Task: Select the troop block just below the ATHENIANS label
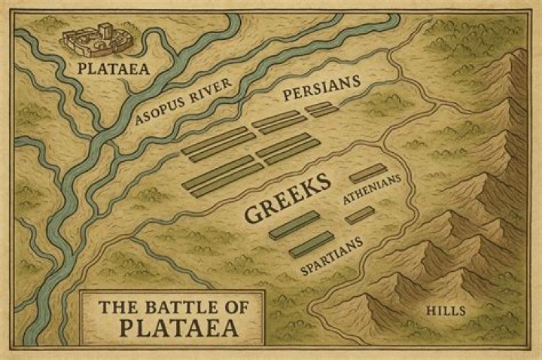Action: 360,215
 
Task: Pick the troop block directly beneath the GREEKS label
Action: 294,224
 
